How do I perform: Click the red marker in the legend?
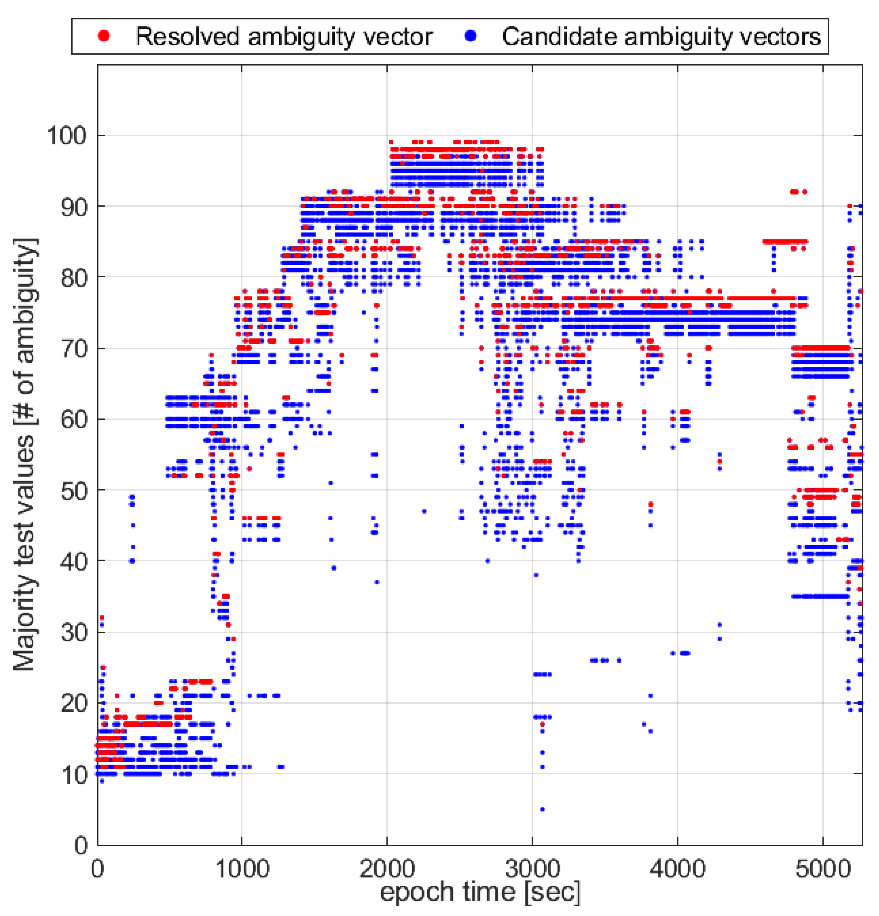click(x=104, y=36)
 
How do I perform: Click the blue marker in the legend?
click(x=471, y=36)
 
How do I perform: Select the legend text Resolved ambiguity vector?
click(x=284, y=36)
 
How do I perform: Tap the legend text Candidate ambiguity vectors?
click(x=661, y=36)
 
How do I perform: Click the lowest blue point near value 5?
click(x=542, y=809)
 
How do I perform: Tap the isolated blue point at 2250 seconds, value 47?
click(x=424, y=511)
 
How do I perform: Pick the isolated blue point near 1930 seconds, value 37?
click(x=377, y=582)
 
